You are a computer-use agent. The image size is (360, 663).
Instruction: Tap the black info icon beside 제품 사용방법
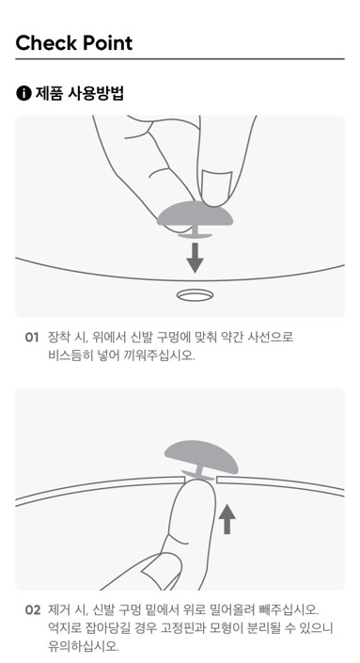(x=23, y=93)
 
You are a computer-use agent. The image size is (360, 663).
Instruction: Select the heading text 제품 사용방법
(x=80, y=93)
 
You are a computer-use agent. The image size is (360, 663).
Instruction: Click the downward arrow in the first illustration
(x=196, y=258)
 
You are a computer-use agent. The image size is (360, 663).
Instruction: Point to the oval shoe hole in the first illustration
(x=195, y=295)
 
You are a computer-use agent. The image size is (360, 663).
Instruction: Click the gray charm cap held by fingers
(x=196, y=214)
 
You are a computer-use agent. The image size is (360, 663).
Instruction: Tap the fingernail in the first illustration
(x=216, y=187)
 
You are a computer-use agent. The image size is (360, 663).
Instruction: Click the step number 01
(x=32, y=338)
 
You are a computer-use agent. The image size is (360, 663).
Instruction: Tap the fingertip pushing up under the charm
(x=196, y=490)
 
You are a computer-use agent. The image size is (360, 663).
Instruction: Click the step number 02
(x=33, y=610)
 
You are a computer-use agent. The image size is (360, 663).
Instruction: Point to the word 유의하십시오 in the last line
(x=84, y=646)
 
